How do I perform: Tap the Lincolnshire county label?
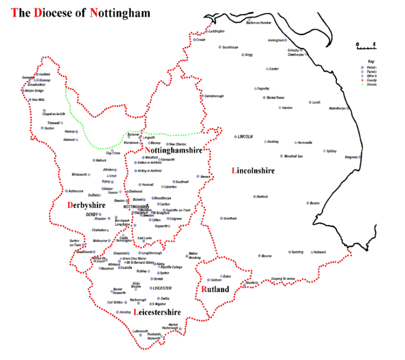coord(254,171)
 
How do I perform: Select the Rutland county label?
coord(215,289)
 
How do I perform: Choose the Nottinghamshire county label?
coord(173,150)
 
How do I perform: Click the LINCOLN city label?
coord(245,137)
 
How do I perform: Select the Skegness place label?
coord(351,157)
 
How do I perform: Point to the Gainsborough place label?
coord(214,96)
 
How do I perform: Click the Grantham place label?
coord(230,218)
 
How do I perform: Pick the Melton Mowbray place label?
coord(194,256)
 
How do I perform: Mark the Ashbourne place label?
coord(75,191)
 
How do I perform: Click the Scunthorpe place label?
coord(230,47)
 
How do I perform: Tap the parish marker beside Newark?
coord(198,176)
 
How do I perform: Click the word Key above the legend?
coord(371,62)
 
